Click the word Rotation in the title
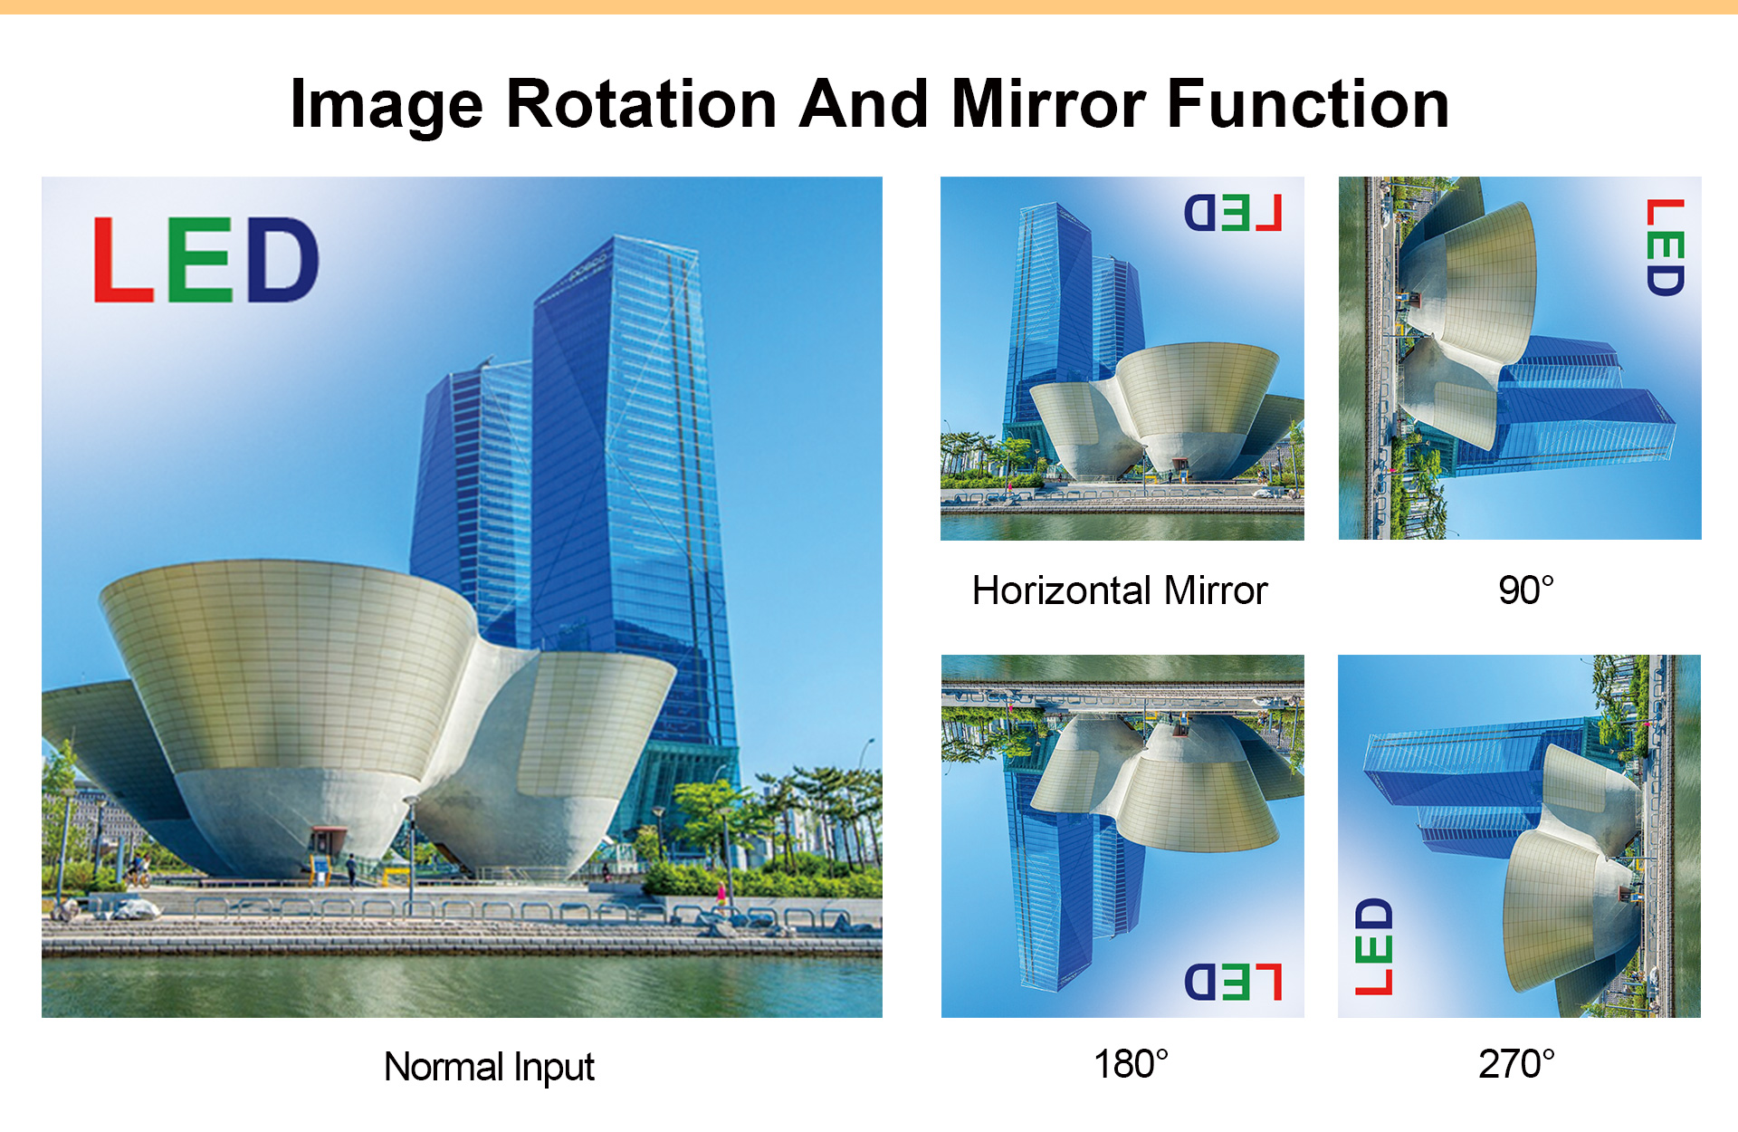(641, 104)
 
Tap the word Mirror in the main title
(1048, 104)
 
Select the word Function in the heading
(1308, 104)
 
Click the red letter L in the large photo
(123, 260)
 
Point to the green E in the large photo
(200, 260)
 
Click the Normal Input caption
(489, 1068)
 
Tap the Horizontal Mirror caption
(1120, 590)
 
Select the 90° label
(1526, 590)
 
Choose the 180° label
(1131, 1064)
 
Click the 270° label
(1517, 1064)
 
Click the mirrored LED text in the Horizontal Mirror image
(1234, 213)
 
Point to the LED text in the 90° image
(1666, 247)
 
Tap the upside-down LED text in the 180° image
(1234, 983)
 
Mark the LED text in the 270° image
(1373, 946)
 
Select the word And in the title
(864, 104)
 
